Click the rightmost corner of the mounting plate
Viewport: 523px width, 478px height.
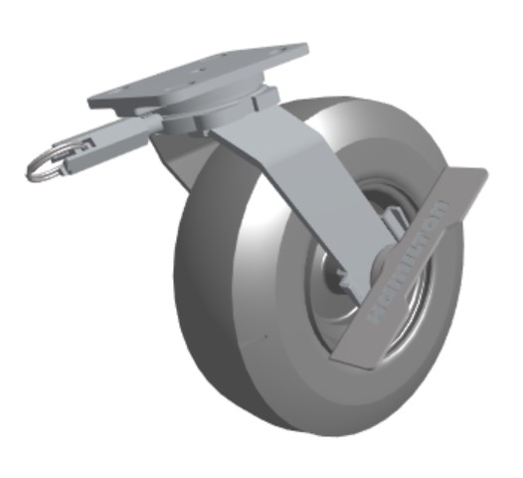303,50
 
